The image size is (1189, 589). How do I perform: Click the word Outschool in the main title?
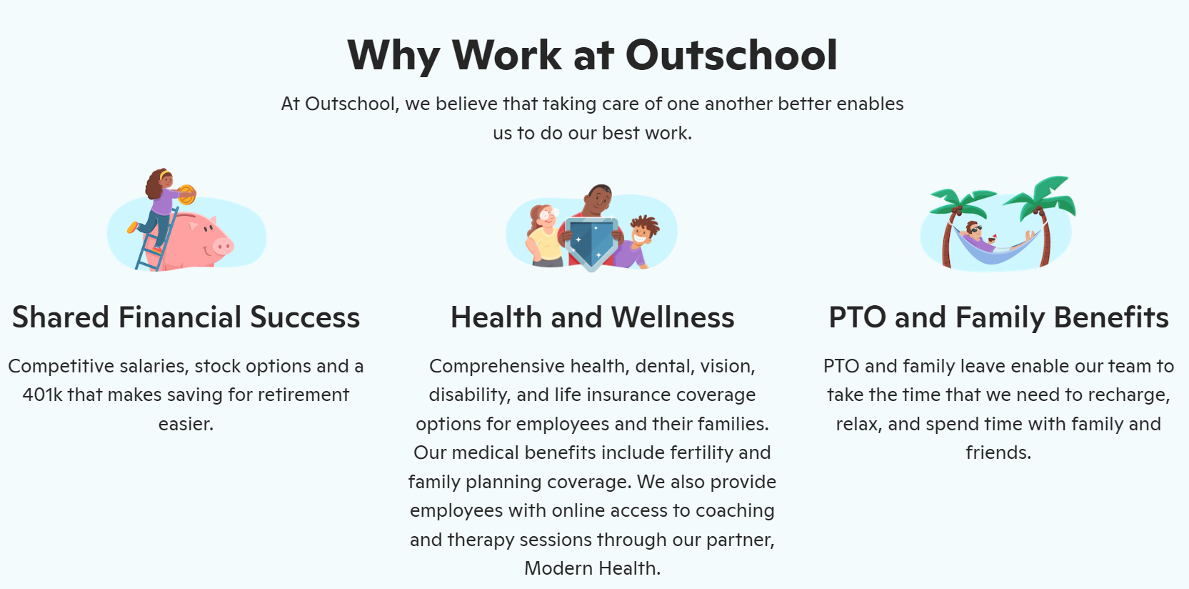731,55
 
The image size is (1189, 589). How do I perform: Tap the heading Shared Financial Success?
186,317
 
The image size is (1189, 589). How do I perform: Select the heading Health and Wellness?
593,317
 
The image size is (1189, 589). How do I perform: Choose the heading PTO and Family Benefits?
998,317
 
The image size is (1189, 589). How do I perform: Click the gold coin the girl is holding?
187,195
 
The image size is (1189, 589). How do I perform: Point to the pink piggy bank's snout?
223,246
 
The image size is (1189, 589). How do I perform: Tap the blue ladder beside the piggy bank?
156,239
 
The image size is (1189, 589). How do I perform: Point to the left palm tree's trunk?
948,239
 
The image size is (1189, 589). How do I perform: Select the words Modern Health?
593,568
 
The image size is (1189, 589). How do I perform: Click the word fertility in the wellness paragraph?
700,452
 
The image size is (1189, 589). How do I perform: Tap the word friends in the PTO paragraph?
998,452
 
